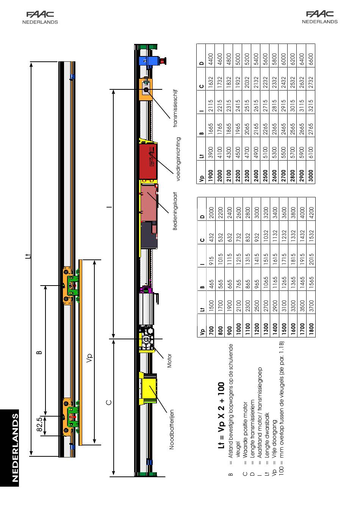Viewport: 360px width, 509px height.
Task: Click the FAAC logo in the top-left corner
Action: (x=42, y=14)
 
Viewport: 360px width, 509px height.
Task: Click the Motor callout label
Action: (x=169, y=361)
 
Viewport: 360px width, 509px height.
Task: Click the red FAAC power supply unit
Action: (x=148, y=161)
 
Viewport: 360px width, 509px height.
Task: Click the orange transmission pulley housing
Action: (x=146, y=89)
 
